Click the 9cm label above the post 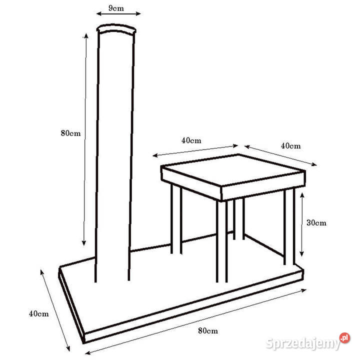point(116,8)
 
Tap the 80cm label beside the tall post point(70,133)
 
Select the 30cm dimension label point(316,222)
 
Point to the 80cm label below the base point(208,330)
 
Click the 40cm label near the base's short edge point(39,313)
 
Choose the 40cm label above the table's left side point(191,140)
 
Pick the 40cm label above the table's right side point(290,146)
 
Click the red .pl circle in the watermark point(344,337)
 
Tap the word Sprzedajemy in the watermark point(302,343)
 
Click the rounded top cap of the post point(116,28)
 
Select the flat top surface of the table point(233,169)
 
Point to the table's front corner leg point(222,241)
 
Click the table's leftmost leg point(176,219)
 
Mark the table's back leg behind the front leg point(239,219)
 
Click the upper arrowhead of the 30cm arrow point(302,195)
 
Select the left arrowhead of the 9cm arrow point(98,14)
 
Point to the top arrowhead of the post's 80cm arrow point(86,36)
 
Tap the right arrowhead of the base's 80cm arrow point(304,290)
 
